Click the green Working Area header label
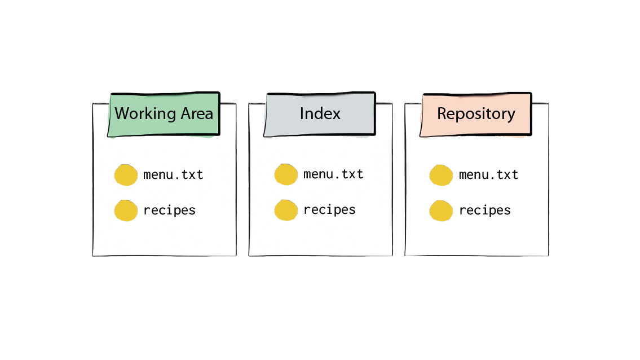[164, 114]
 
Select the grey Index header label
[320, 114]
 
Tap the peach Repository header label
[476, 114]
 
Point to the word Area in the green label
[197, 113]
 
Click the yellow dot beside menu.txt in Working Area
[126, 175]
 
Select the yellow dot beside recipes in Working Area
[126, 210]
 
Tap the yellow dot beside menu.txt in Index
[286, 175]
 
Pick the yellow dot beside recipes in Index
[286, 210]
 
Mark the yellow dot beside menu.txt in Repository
[441, 175]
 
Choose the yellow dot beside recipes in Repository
[441, 210]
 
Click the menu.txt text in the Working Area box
[173, 175]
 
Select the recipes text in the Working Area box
[169, 210]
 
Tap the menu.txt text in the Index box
[333, 174]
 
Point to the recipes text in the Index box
[329, 210]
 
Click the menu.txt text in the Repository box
[488, 175]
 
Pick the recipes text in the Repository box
[484, 210]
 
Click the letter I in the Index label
[302, 113]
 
